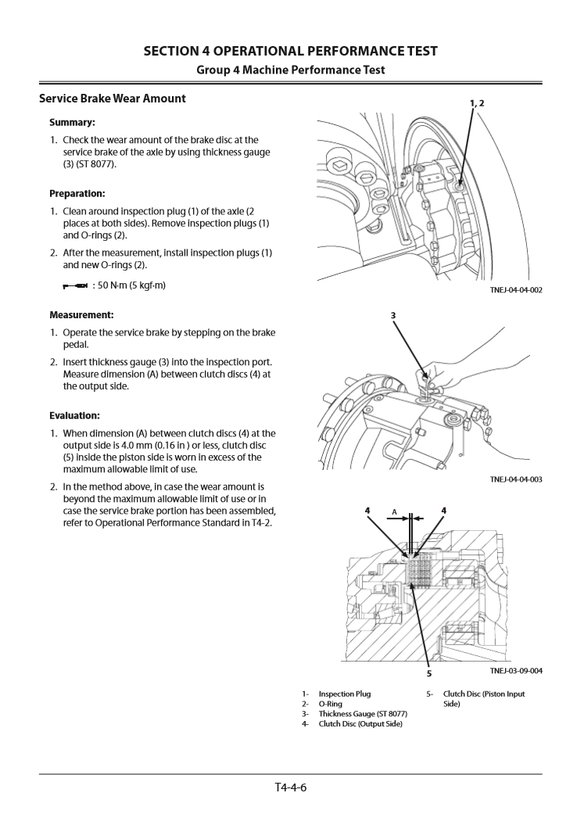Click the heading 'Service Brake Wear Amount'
[x=113, y=99]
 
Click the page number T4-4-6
[x=291, y=787]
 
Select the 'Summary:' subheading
[x=72, y=123]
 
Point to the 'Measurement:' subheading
[x=81, y=315]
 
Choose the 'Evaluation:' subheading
[x=74, y=415]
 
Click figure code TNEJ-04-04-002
[x=516, y=290]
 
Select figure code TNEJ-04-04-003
[x=516, y=479]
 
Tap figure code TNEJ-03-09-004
[x=516, y=671]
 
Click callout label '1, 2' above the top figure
[x=477, y=103]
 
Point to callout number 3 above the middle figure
[x=393, y=316]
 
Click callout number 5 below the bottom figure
[x=429, y=673]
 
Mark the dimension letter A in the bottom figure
[x=395, y=512]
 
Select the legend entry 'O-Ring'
[x=331, y=704]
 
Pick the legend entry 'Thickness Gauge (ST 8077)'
[x=362, y=714]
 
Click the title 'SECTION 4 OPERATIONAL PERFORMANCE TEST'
[x=291, y=52]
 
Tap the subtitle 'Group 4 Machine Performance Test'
[x=291, y=70]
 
